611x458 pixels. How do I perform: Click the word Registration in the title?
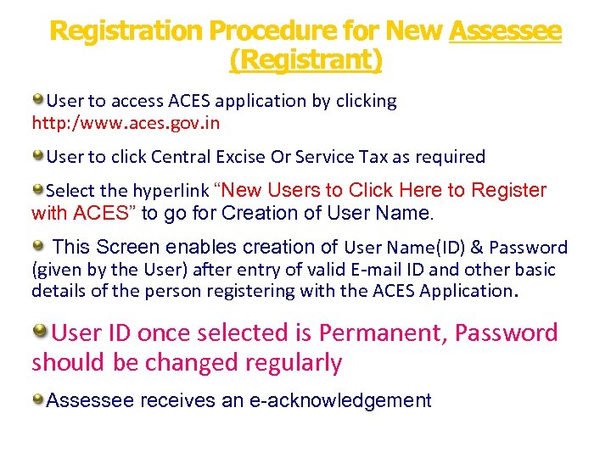point(126,31)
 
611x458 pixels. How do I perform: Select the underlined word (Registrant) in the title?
point(305,61)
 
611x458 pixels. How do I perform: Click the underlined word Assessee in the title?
point(505,31)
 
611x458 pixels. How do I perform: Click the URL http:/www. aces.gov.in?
point(126,123)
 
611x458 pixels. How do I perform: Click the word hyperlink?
point(171,191)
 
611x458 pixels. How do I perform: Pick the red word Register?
point(508,190)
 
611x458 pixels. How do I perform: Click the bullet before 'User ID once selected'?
point(40,331)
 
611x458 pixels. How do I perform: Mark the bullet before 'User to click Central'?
point(38,156)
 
